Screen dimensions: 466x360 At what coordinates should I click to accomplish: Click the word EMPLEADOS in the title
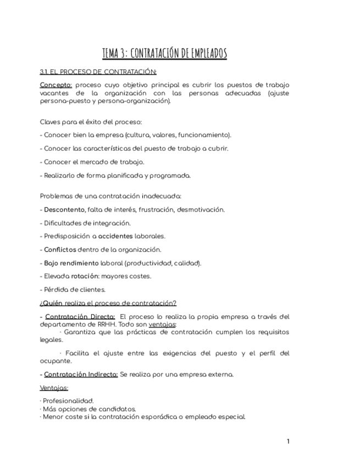click(206, 53)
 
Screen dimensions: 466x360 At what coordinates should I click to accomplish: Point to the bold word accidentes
click(115, 236)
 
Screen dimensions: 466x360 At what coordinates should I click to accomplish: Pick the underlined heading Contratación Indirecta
click(81, 375)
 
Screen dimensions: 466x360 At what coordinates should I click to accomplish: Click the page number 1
click(288, 441)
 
